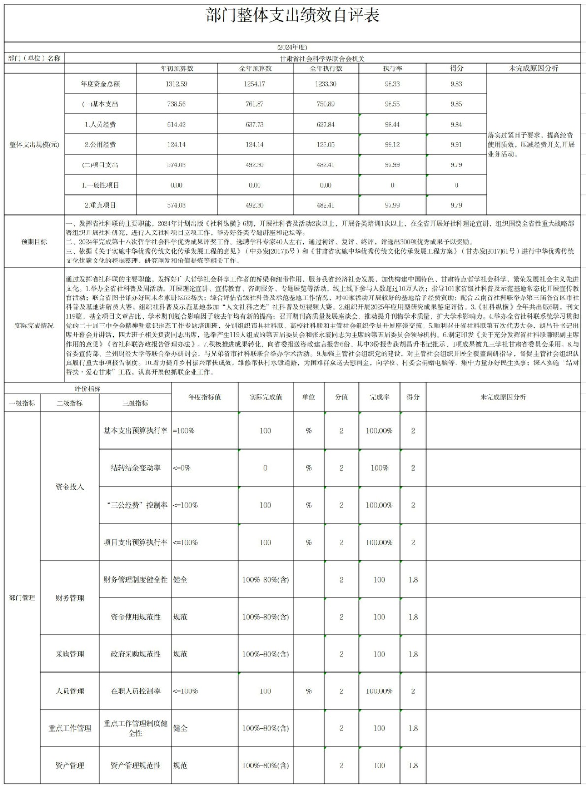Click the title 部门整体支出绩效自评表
tap(293, 16)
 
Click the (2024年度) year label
tap(292, 47)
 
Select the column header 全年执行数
tap(326, 68)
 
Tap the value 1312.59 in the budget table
tap(176, 84)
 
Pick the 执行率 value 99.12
tap(392, 145)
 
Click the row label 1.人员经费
tap(100, 125)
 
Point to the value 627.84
tap(326, 125)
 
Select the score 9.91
tap(456, 145)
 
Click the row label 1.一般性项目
tap(100, 185)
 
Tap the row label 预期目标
tap(34, 242)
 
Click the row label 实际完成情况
tap(34, 326)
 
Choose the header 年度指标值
tap(204, 397)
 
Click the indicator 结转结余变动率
tap(135, 468)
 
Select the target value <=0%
tap(182, 468)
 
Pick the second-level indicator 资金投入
tap(69, 487)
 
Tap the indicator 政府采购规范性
tap(135, 654)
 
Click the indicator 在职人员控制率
tap(135, 691)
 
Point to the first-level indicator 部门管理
tap(22, 598)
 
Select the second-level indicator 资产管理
tap(69, 765)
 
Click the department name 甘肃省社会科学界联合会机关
tap(322, 58)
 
